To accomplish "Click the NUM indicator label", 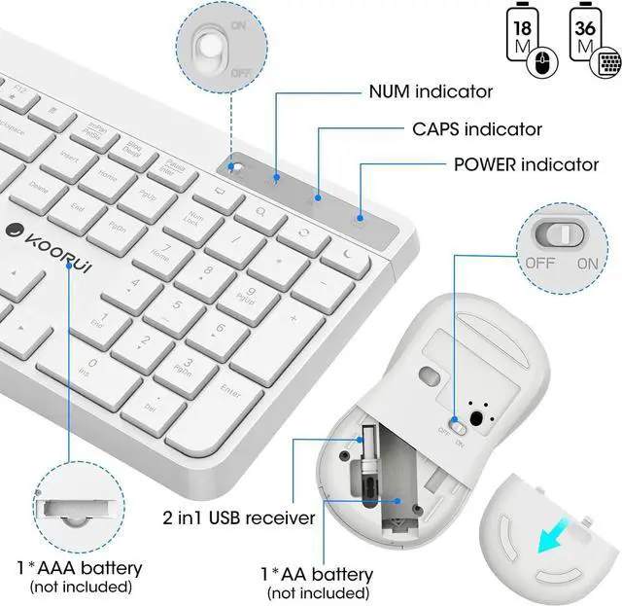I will [x=416, y=92].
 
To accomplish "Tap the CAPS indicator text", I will [x=475, y=128].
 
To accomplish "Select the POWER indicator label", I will [x=526, y=163].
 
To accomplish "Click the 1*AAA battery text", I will [x=79, y=567].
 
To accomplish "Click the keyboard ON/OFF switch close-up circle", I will [x=214, y=46].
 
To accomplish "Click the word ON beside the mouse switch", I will [x=587, y=263].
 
